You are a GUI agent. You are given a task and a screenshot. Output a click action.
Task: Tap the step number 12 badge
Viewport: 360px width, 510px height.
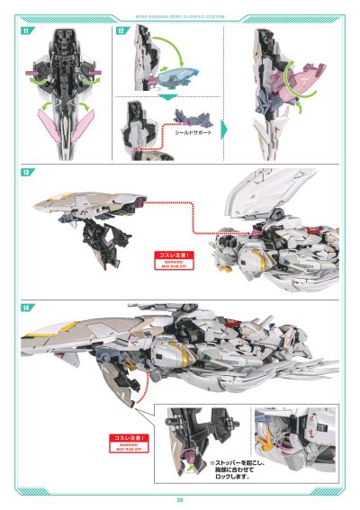[121, 31]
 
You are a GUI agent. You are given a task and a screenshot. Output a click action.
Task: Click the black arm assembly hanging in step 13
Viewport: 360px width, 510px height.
[103, 240]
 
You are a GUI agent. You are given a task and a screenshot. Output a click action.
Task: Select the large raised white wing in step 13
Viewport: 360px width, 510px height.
[270, 193]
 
